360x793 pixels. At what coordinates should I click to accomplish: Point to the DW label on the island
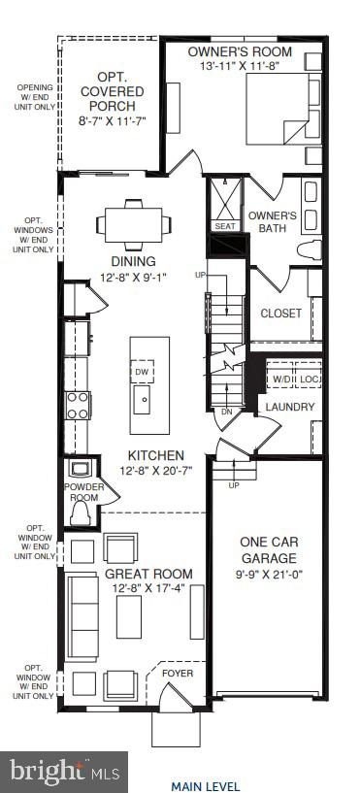[142, 372]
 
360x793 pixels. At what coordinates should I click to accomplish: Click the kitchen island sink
[143, 399]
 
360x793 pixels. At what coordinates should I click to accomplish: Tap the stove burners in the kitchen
[77, 405]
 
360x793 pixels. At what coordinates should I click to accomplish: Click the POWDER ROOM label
[82, 491]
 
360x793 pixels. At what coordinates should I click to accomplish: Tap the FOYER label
[178, 672]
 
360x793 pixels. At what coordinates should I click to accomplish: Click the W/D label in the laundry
[282, 378]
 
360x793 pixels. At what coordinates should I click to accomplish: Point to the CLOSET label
[280, 314]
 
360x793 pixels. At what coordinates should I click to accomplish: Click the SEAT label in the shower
[225, 227]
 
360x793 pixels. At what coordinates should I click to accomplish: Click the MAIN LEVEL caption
[205, 786]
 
